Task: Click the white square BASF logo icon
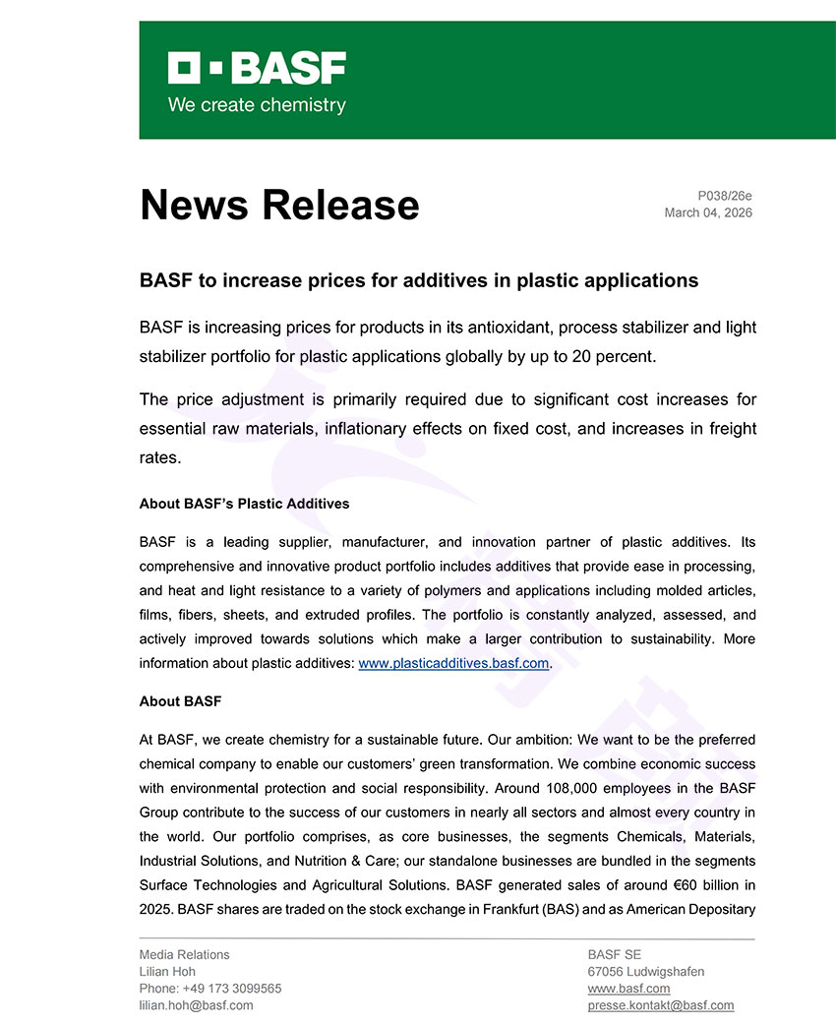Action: (x=184, y=68)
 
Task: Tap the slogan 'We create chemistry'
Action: (x=257, y=105)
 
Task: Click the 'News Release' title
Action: (x=279, y=205)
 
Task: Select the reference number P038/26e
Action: (x=724, y=197)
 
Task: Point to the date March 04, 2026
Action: (x=708, y=212)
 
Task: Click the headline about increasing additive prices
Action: (x=419, y=280)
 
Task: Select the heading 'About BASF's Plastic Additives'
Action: (x=244, y=504)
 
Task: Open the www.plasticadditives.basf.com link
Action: (x=453, y=663)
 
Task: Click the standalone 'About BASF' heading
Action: (x=180, y=701)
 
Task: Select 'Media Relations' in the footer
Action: (x=184, y=954)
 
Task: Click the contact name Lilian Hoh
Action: (x=167, y=971)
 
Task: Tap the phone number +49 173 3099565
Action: (x=232, y=989)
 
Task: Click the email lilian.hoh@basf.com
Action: (x=196, y=1005)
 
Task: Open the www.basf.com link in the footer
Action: (x=628, y=989)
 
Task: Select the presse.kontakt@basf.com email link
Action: (x=660, y=1005)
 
